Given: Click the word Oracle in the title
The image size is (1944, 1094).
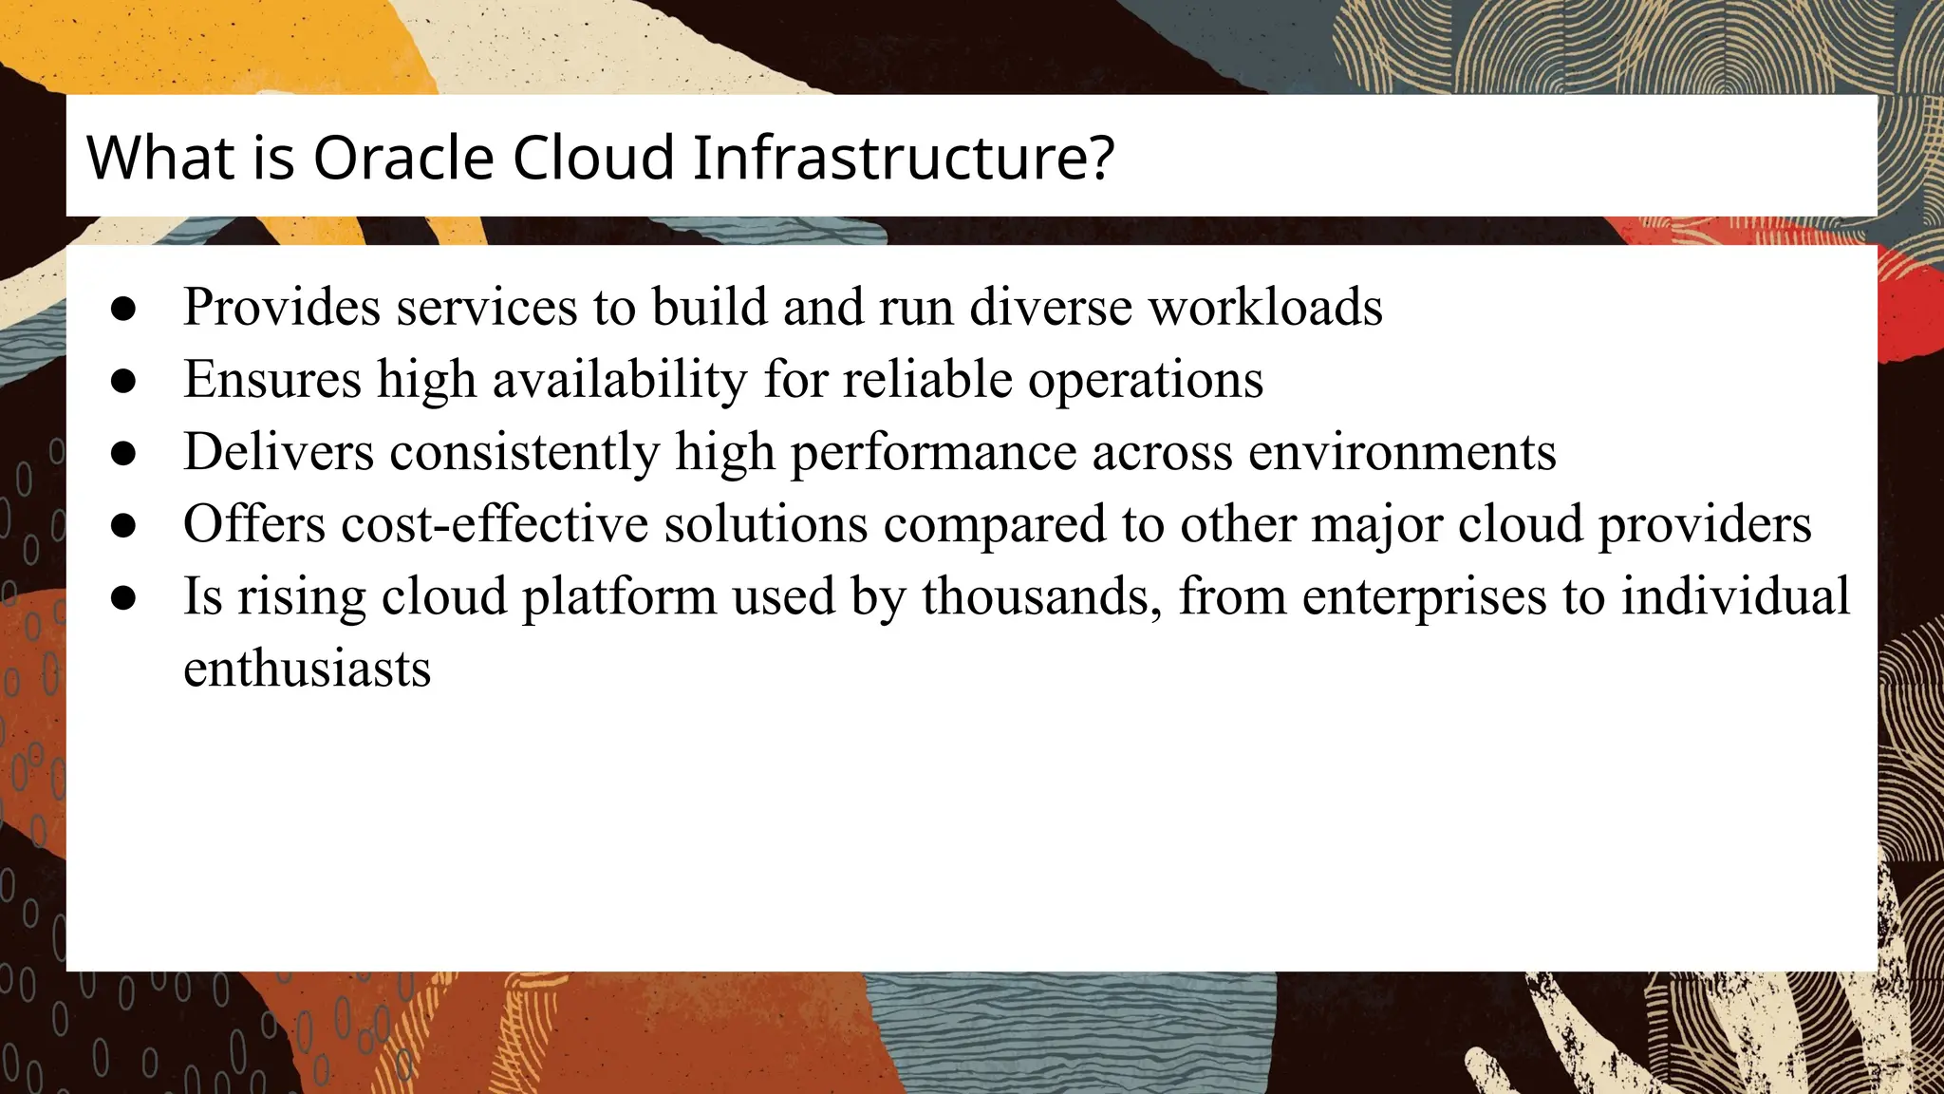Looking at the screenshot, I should pyautogui.click(x=403, y=157).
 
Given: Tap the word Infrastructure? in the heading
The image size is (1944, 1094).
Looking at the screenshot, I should pyautogui.click(x=903, y=157).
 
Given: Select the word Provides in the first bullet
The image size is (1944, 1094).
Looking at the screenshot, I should pyautogui.click(x=282, y=307).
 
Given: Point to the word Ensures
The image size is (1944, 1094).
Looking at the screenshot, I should pyautogui.click(x=272, y=379).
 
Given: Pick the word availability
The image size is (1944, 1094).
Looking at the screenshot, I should pyautogui.click(x=620, y=379).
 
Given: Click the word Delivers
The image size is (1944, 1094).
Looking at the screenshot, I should pyautogui.click(x=278, y=451).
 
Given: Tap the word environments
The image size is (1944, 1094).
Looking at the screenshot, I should pyautogui.click(x=1402, y=451).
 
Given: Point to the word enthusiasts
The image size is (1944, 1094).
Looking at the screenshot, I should pyautogui.click(x=307, y=669).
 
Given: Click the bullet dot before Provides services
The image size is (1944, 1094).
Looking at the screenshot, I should pyautogui.click(x=123, y=309).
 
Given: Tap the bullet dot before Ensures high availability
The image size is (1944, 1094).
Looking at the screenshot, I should pyautogui.click(x=123, y=381).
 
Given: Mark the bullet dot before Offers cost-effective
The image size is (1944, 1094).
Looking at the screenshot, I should pyautogui.click(x=123, y=525).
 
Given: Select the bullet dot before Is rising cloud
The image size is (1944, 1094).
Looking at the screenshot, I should pyautogui.click(x=123, y=598).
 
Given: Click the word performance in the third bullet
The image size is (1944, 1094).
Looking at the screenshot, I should pyautogui.click(x=933, y=451).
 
